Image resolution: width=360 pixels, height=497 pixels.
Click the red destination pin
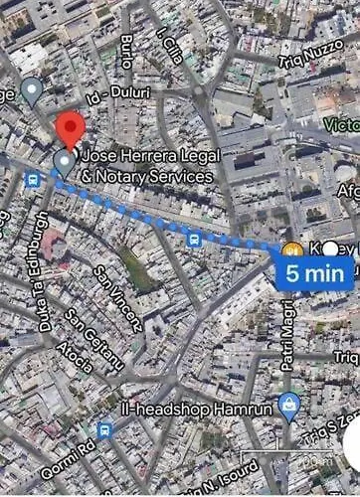(x=69, y=129)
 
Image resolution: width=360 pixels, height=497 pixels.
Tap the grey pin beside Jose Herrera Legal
(x=65, y=161)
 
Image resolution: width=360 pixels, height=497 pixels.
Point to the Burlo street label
(x=126, y=49)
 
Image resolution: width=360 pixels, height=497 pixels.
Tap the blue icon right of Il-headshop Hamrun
(x=289, y=405)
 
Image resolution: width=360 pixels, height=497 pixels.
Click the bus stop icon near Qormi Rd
(x=104, y=429)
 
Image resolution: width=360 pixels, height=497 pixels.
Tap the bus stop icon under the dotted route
(x=193, y=239)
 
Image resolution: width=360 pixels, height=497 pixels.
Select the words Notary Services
(x=149, y=176)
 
